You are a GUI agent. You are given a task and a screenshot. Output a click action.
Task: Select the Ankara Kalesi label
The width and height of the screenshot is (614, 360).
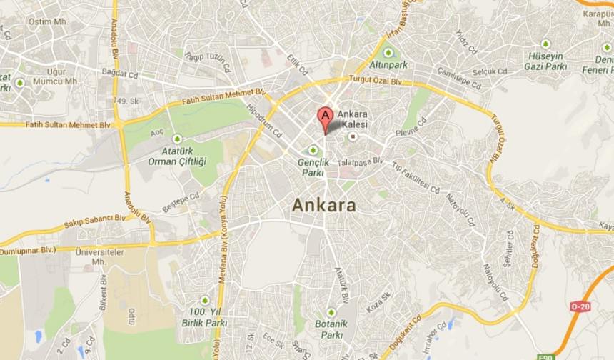(352, 119)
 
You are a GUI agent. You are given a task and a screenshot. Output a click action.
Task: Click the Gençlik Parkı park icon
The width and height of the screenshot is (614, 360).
(313, 149)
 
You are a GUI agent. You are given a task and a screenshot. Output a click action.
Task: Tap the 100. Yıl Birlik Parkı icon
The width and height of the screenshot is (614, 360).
(205, 301)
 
